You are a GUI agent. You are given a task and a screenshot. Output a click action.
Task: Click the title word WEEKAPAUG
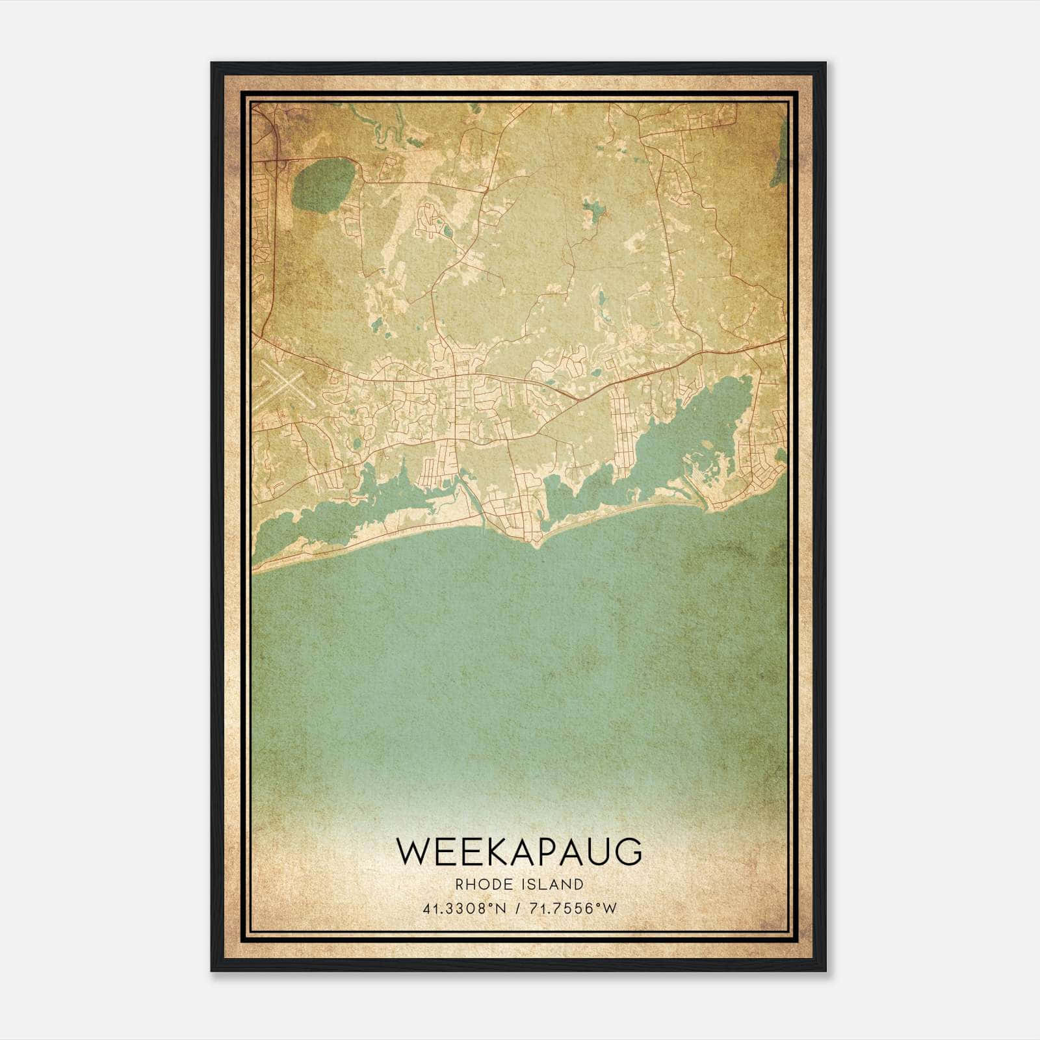tap(518, 851)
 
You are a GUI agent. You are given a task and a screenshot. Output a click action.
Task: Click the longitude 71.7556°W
tap(573, 909)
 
